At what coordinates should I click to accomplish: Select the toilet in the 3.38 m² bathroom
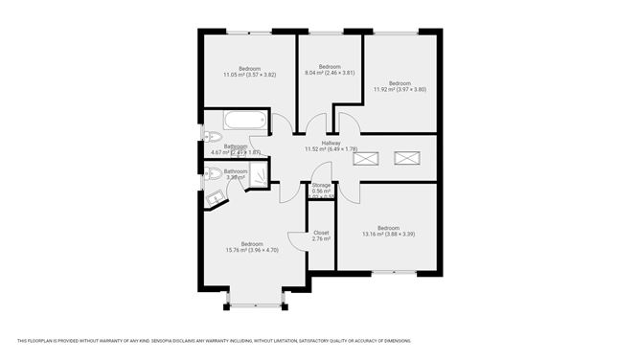click(210, 173)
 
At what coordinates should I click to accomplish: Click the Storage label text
click(322, 185)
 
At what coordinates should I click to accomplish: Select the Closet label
click(321, 232)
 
